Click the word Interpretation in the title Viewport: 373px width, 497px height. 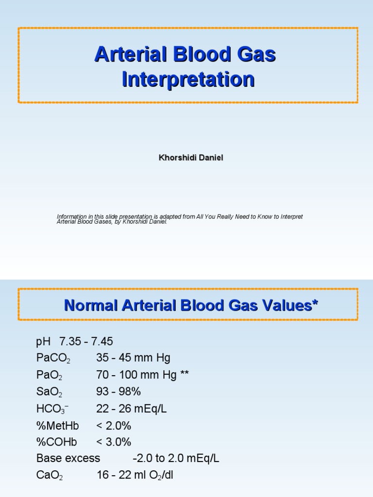pyautogui.click(x=188, y=80)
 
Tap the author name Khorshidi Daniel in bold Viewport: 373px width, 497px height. pyautogui.click(x=191, y=158)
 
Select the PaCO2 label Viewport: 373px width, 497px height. pyautogui.click(x=53, y=359)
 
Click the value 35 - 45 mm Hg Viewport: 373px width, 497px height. pyautogui.click(x=134, y=358)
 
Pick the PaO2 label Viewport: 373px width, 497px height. pyautogui.click(x=49, y=375)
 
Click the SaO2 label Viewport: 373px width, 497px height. pyautogui.click(x=49, y=392)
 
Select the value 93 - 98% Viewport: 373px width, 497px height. pyautogui.click(x=119, y=392)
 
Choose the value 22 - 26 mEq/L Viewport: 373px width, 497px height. pyautogui.click(x=132, y=409)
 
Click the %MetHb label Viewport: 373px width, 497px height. pyautogui.click(x=57, y=425)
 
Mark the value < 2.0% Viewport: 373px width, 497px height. pyautogui.click(x=114, y=425)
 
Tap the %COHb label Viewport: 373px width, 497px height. pyautogui.click(x=56, y=442)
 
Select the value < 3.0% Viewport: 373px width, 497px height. pyautogui.click(x=114, y=442)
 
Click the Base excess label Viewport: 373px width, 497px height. pyautogui.click(x=68, y=458)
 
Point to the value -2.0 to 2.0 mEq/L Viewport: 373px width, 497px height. pyautogui.click(x=176, y=458)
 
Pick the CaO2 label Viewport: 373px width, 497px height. pyautogui.click(x=50, y=475)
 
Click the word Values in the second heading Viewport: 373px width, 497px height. pyautogui.click(x=286, y=305)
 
